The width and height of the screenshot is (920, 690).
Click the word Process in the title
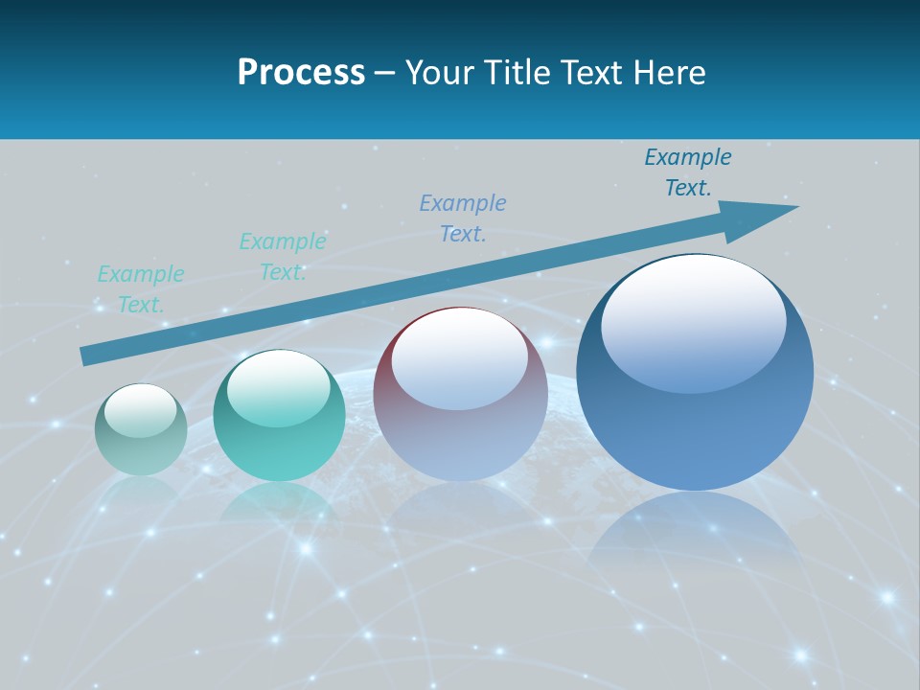coord(301,72)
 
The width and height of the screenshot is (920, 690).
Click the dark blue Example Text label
coord(687,172)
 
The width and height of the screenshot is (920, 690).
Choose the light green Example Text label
coord(140,289)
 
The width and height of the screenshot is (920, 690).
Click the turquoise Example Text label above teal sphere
coord(282,257)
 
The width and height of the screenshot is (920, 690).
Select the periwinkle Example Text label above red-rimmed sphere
coord(463,218)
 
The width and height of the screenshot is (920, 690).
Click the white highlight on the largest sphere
coord(693,321)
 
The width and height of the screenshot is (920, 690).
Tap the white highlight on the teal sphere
coord(278,388)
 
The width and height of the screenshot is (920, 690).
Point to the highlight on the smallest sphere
coord(140,410)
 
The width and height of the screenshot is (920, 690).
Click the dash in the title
coord(385,72)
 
